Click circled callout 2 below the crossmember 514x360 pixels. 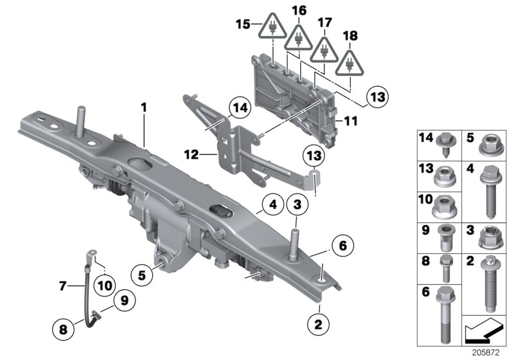pyautogui.click(x=317, y=322)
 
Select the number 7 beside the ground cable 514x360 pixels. pyautogui.click(x=62, y=287)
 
